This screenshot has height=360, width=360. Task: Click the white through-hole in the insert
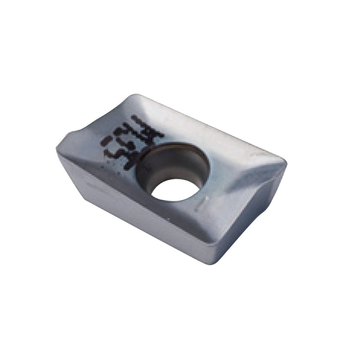coord(175,189)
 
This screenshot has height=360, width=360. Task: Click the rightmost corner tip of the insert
coord(286,164)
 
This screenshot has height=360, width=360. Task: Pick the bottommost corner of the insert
coord(215,263)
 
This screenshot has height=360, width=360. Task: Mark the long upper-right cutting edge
coord(214,127)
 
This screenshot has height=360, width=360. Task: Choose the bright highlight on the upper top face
coord(186,121)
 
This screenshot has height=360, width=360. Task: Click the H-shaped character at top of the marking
coord(151,133)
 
